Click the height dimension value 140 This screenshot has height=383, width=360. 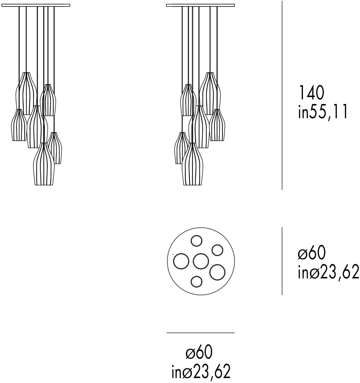click(x=311, y=93)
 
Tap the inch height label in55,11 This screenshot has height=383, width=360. click(x=323, y=112)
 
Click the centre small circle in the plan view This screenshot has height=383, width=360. click(x=201, y=261)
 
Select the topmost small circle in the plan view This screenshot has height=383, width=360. click(x=196, y=241)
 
